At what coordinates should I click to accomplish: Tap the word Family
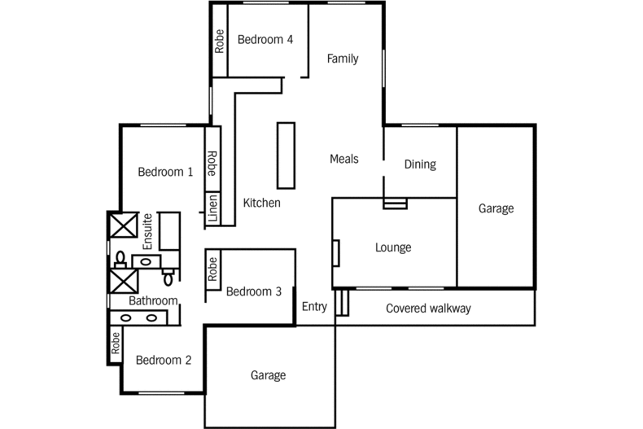coord(343,59)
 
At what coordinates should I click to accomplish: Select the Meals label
coord(344,159)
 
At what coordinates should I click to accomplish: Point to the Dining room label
coord(420,164)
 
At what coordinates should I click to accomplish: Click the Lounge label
coord(392,247)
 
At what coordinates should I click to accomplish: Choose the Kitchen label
coord(262,203)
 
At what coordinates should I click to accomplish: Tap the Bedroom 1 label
coord(165,172)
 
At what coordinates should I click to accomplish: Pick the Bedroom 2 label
coord(164,361)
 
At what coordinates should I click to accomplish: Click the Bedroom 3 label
coord(253,291)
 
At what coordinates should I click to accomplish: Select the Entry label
coord(314,307)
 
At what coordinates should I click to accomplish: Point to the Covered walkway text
coord(428,309)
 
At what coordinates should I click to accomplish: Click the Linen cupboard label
coord(212,208)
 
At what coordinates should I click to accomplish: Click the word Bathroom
coord(153,300)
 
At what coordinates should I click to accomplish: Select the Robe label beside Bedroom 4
coord(219,41)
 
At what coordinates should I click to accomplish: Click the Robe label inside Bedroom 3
coord(212,269)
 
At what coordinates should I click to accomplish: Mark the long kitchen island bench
coord(286,155)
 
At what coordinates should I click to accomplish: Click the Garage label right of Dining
coord(496,208)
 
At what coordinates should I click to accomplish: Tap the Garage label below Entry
coord(268,375)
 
